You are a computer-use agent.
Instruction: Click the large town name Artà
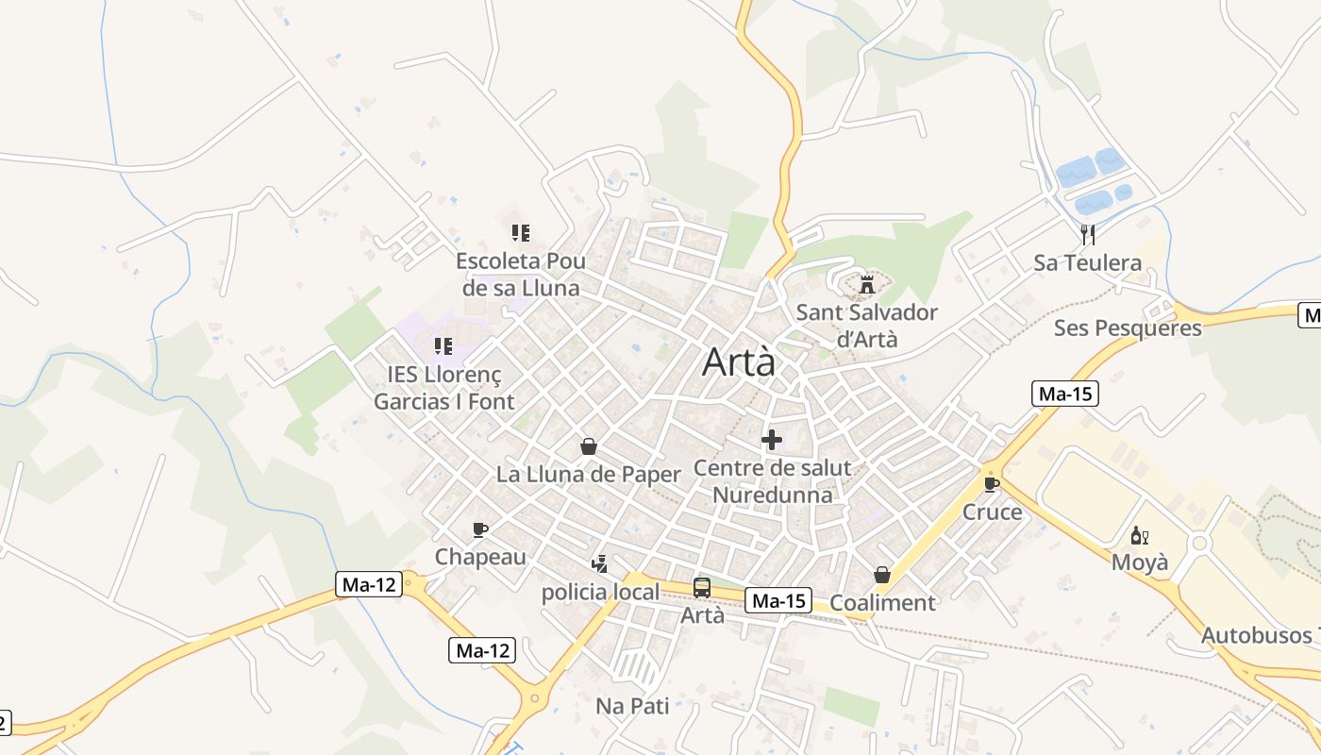tap(739, 362)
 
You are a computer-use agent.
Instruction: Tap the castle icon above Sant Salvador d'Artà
tap(866, 283)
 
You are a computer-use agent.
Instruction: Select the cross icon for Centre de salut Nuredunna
tap(772, 440)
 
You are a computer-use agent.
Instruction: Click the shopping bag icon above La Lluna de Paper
tap(589, 446)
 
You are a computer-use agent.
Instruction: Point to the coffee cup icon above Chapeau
tap(479, 529)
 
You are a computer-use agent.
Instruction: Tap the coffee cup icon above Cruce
tap(991, 484)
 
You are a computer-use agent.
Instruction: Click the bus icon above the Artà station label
tap(701, 587)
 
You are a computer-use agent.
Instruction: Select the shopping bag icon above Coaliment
tap(881, 575)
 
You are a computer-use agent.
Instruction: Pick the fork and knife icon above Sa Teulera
tap(1088, 234)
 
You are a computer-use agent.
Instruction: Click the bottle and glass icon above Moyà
tap(1139, 535)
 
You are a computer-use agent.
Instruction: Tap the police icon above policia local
tap(598, 564)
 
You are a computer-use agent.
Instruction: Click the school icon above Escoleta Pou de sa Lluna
tap(521, 232)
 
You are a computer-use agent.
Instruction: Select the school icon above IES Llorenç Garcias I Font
tap(443, 346)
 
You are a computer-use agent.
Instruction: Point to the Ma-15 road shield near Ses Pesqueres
tap(1065, 394)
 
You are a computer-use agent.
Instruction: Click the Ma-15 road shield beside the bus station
tap(778, 600)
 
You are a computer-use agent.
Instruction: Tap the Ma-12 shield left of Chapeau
tap(369, 584)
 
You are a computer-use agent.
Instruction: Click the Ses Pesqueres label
tap(1128, 327)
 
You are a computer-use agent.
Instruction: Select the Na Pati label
tap(632, 705)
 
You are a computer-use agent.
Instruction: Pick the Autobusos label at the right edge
tap(1260, 635)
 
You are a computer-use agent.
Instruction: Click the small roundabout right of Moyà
tap(1199, 543)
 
